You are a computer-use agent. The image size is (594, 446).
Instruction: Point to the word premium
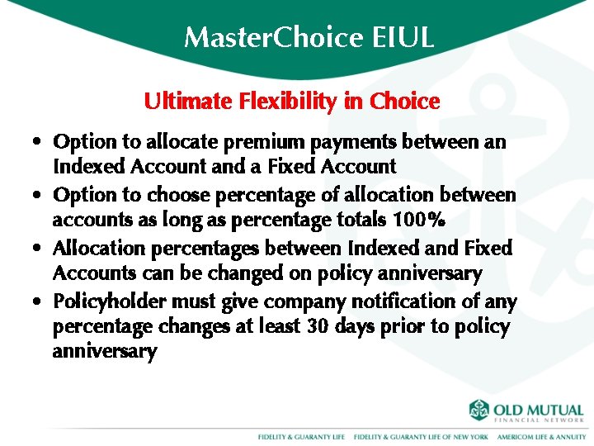click(x=256, y=142)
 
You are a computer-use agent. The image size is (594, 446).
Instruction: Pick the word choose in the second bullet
click(x=171, y=196)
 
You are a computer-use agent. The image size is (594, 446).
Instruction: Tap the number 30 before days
click(x=318, y=326)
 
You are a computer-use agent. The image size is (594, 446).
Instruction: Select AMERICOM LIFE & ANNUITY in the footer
click(x=541, y=436)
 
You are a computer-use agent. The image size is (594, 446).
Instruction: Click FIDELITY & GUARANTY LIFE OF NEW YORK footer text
click(x=421, y=436)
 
